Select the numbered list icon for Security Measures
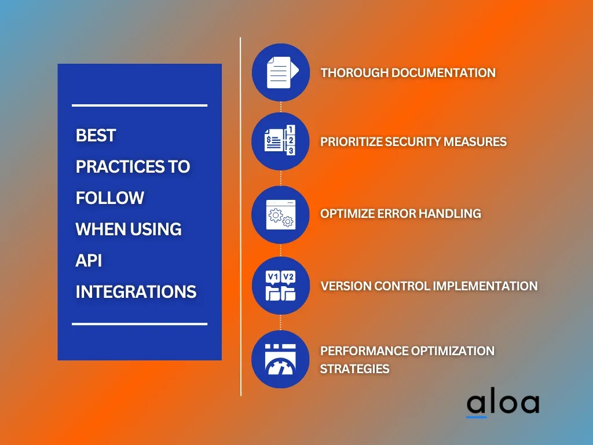(x=280, y=140)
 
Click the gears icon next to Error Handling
(x=281, y=214)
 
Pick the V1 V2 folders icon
(x=280, y=286)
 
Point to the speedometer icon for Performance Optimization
(x=280, y=359)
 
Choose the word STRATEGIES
(x=355, y=369)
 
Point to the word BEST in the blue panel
(x=96, y=136)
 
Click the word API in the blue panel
(x=89, y=261)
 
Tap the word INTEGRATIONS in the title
(x=136, y=292)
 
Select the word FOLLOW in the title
(x=110, y=198)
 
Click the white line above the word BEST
(x=140, y=105)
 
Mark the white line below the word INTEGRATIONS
(x=140, y=324)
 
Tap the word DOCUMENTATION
(x=443, y=72)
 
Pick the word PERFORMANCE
(x=364, y=351)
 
